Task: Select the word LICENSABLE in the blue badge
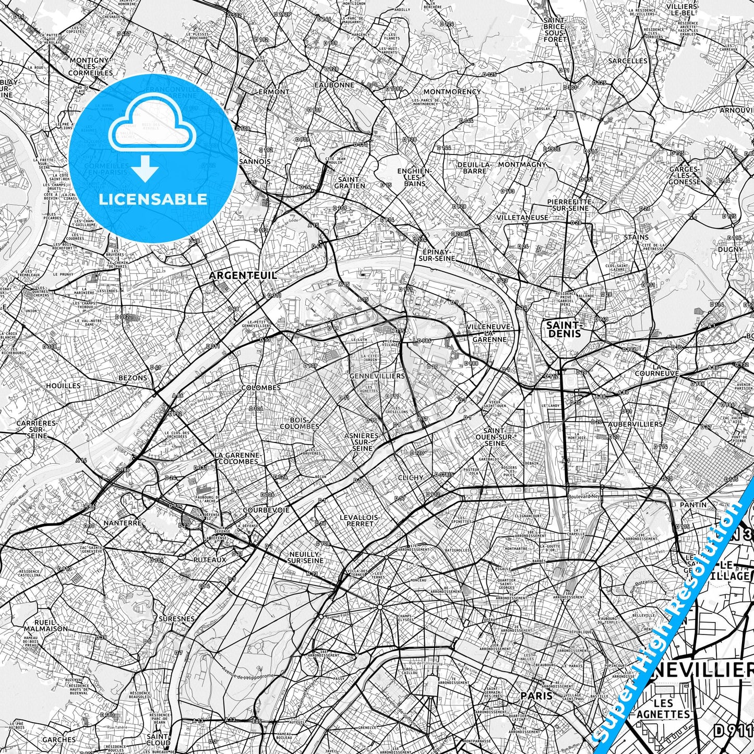[152, 199]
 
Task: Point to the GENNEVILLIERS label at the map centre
[377, 376]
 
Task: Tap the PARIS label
[536, 696]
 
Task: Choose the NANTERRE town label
[123, 522]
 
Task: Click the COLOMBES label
[261, 388]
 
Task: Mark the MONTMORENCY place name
[452, 92]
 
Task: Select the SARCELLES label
[628, 61]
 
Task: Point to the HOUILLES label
[63, 386]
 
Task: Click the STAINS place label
[636, 237]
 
